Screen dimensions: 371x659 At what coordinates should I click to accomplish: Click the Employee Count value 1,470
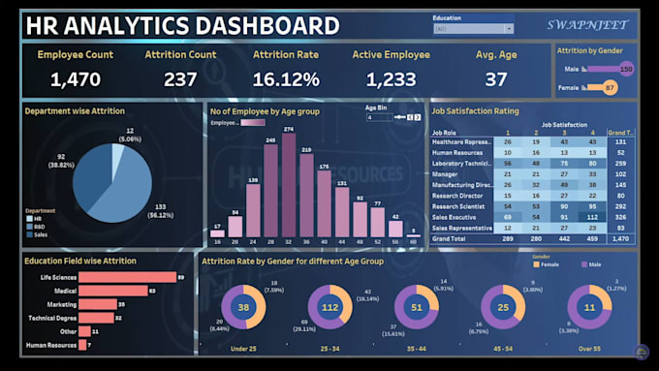[x=75, y=79]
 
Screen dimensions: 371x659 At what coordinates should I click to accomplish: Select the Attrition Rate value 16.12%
[x=286, y=79]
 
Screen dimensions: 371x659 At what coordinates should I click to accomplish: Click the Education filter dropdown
[x=472, y=29]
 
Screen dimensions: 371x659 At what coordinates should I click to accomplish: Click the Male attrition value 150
[x=626, y=69]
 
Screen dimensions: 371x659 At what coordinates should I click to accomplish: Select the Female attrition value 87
[x=610, y=88]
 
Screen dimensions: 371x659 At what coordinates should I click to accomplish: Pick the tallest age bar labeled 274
[x=288, y=184]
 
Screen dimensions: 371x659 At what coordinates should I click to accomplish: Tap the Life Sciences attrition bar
[x=127, y=277]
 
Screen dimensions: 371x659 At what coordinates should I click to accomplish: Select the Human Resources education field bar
[x=83, y=345]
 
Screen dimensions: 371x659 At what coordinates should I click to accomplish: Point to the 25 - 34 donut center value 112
[x=329, y=308]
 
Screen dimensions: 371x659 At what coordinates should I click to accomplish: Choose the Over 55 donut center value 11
[x=589, y=308]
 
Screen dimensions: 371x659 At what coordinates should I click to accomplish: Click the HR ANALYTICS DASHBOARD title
[x=181, y=25]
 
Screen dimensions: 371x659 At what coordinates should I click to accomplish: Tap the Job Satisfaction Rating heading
[x=474, y=111]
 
